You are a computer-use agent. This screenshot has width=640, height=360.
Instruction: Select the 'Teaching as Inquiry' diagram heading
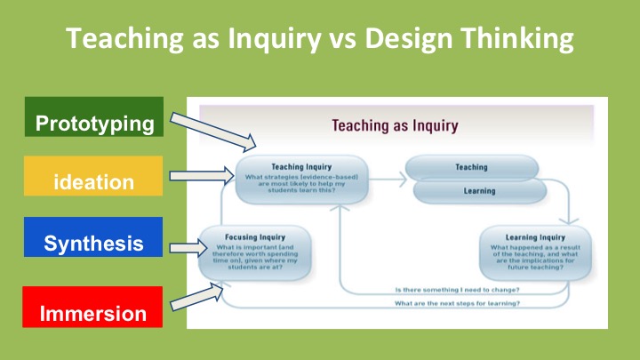click(395, 125)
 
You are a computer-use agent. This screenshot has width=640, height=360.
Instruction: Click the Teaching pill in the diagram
click(471, 167)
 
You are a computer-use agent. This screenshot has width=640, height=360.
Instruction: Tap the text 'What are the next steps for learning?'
click(457, 304)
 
